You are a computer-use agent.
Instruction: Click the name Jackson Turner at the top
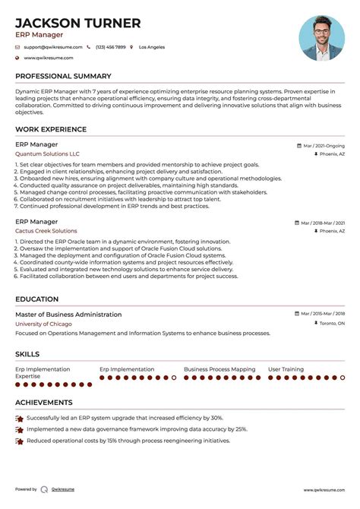pyautogui.click(x=78, y=23)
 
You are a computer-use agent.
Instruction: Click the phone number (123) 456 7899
pyautogui.click(x=110, y=47)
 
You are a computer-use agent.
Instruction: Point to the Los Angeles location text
pyautogui.click(x=151, y=47)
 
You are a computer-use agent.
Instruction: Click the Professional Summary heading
pyautogui.click(x=63, y=76)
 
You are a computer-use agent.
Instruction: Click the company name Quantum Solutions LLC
pyautogui.click(x=47, y=153)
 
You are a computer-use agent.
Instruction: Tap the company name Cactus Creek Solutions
pyautogui.click(x=46, y=231)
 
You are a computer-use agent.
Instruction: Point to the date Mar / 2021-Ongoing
pyautogui.click(x=323, y=144)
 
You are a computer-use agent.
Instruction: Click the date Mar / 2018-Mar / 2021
pyautogui.click(x=322, y=223)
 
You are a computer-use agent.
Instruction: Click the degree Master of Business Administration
pyautogui.click(x=68, y=314)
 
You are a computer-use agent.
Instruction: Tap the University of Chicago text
pyautogui.click(x=43, y=324)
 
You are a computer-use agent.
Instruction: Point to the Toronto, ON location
pyautogui.click(x=330, y=323)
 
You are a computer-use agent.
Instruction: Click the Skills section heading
pyautogui.click(x=29, y=353)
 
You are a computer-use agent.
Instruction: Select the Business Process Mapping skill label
pyautogui.click(x=219, y=369)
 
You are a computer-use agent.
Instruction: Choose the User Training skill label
pyautogui.click(x=286, y=369)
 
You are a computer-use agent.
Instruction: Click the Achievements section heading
pyautogui.click(x=44, y=402)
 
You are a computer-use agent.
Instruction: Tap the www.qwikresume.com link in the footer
pyautogui.click(x=324, y=490)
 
